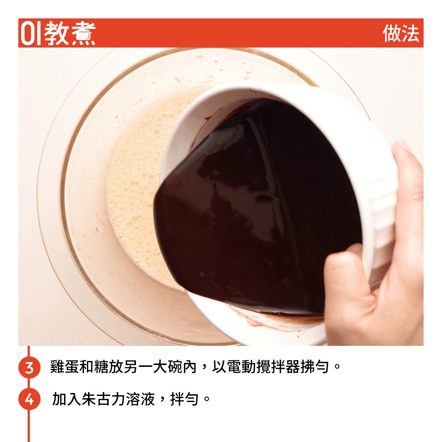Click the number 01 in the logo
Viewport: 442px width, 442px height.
[x=31, y=34]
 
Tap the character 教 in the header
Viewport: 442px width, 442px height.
[x=56, y=34]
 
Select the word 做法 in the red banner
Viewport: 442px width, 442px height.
[x=401, y=34]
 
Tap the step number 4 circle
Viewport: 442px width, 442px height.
[x=29, y=399]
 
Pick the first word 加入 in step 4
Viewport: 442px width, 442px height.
[x=67, y=399]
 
